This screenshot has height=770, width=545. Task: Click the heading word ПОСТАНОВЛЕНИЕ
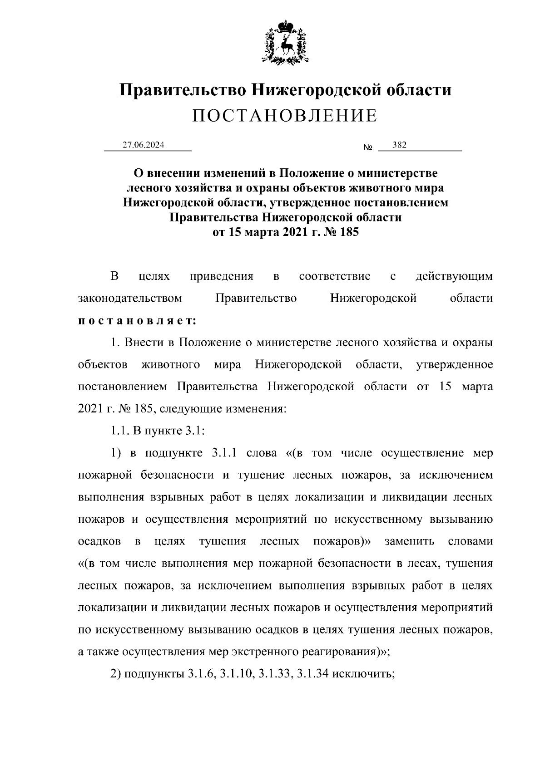point(285,116)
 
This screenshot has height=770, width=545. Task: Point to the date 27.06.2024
point(144,145)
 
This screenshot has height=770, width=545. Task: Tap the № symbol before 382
point(368,148)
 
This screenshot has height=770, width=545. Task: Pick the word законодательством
point(130,299)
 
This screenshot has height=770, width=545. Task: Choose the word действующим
point(454,276)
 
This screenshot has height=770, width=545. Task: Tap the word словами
point(470,541)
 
